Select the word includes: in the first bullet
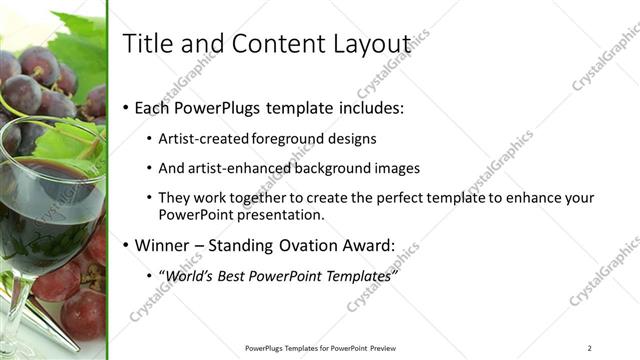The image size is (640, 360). (375, 107)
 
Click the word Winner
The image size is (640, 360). (163, 245)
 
